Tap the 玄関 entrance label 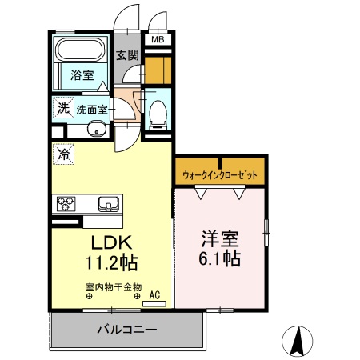pos(126,55)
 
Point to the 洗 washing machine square pos(62,107)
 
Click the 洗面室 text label pos(94,108)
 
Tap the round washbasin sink pos(98,130)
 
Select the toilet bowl pos(157,114)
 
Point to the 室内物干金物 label pos(113,286)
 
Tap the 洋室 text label pos(219,239)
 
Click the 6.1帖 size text pos(219,259)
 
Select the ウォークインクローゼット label pos(219,173)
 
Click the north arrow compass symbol pos(298,342)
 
